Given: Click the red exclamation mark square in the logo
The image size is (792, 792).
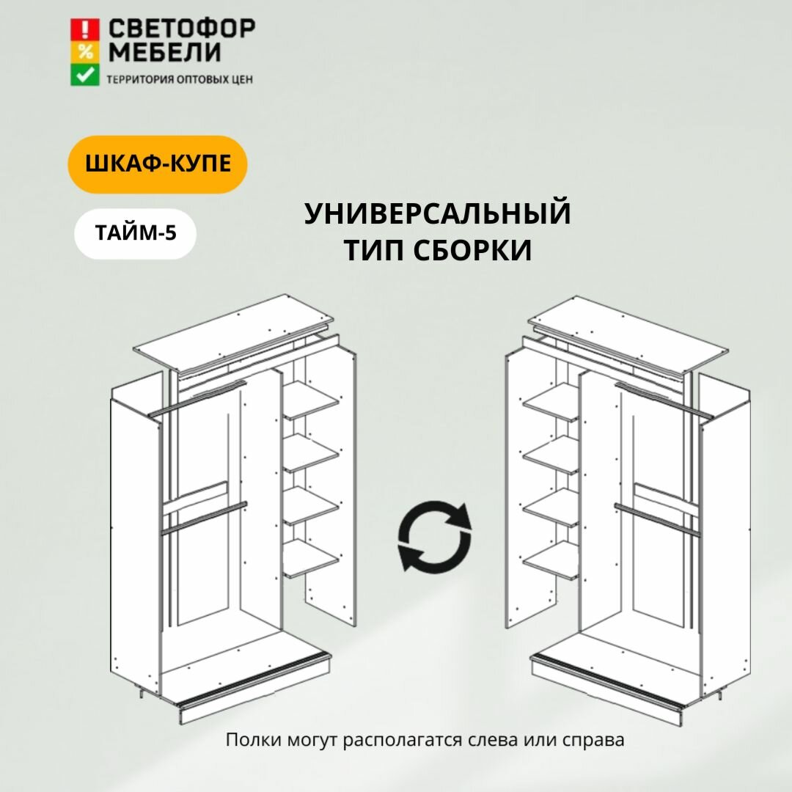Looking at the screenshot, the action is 85,29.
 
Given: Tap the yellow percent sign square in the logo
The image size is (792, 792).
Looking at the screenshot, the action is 85,52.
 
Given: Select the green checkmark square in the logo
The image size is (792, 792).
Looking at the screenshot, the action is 85,75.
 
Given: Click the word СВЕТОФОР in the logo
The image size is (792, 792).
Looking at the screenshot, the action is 182,29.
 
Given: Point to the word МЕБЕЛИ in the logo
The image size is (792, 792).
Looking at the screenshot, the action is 164,53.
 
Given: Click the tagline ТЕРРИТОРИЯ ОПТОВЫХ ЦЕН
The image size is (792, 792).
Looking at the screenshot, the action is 180,79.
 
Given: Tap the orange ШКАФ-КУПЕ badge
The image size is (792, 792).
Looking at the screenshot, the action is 158,164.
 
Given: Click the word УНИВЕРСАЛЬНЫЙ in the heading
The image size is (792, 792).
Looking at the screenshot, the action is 438,214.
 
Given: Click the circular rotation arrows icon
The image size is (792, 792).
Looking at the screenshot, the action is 435,536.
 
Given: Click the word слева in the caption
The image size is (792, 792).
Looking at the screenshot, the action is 494,740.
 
